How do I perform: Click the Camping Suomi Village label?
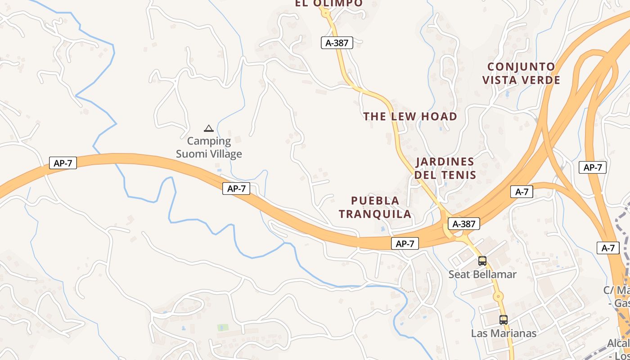tap(209, 148)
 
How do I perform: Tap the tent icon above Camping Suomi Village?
tap(208, 129)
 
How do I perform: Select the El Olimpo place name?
tap(328, 3)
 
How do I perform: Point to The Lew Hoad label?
tap(410, 117)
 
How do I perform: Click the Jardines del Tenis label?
tap(445, 168)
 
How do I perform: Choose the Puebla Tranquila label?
tap(375, 207)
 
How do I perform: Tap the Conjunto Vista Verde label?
tap(522, 73)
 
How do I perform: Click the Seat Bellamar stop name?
tap(482, 274)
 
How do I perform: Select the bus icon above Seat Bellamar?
tap(482, 261)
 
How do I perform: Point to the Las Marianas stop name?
tap(504, 333)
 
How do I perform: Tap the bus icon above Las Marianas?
tap(504, 320)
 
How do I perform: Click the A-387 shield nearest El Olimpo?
tap(337, 43)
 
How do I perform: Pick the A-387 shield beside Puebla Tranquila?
tap(464, 224)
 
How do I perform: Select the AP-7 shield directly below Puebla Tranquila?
tap(405, 244)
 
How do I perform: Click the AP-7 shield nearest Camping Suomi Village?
tap(236, 189)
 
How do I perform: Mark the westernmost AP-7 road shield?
tap(63, 163)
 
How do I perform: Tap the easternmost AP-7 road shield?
tap(593, 167)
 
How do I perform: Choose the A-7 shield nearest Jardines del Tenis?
tap(522, 192)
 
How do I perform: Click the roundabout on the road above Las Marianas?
tap(498, 297)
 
